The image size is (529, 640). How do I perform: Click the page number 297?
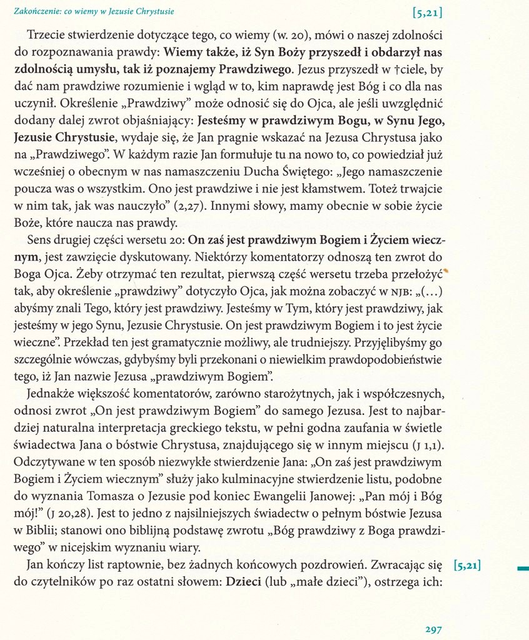pos(433,629)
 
